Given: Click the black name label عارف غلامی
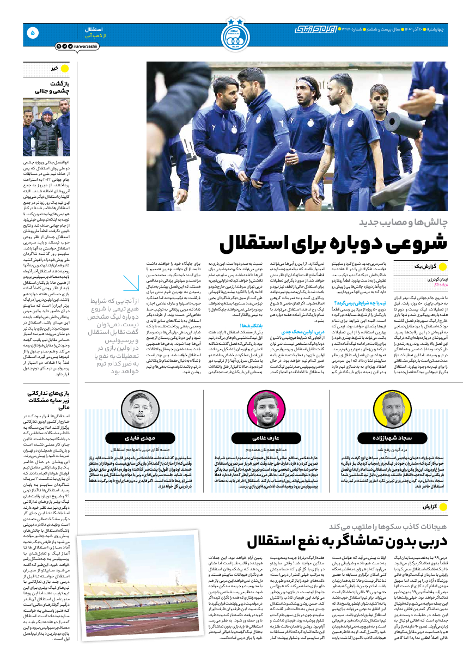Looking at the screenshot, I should pyautogui.click(x=266, y=437).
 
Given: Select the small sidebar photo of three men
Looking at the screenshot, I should pyautogui.click(x=46, y=128).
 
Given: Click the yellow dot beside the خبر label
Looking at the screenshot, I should pyautogui.click(x=64, y=69).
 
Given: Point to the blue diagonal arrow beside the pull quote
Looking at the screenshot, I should pyautogui.click(x=131, y=283).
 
